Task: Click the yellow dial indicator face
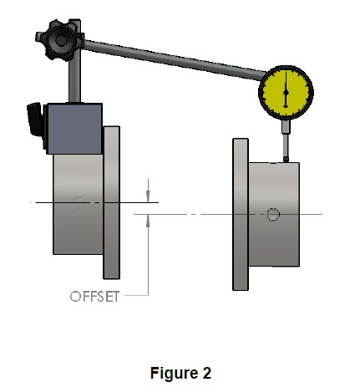286,92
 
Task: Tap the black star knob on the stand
60,40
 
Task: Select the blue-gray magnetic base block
74,129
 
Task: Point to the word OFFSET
94,297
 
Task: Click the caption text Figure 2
180,373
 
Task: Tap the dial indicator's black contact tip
286,160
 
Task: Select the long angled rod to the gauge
174,60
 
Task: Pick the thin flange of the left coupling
112,202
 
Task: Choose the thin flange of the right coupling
241,214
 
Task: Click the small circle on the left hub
79,202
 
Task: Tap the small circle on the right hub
273,214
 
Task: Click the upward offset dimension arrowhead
148,221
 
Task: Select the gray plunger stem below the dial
286,138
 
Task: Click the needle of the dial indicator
286,89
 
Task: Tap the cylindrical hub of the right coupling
274,214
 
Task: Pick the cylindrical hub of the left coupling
79,204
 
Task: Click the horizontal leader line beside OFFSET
136,295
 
